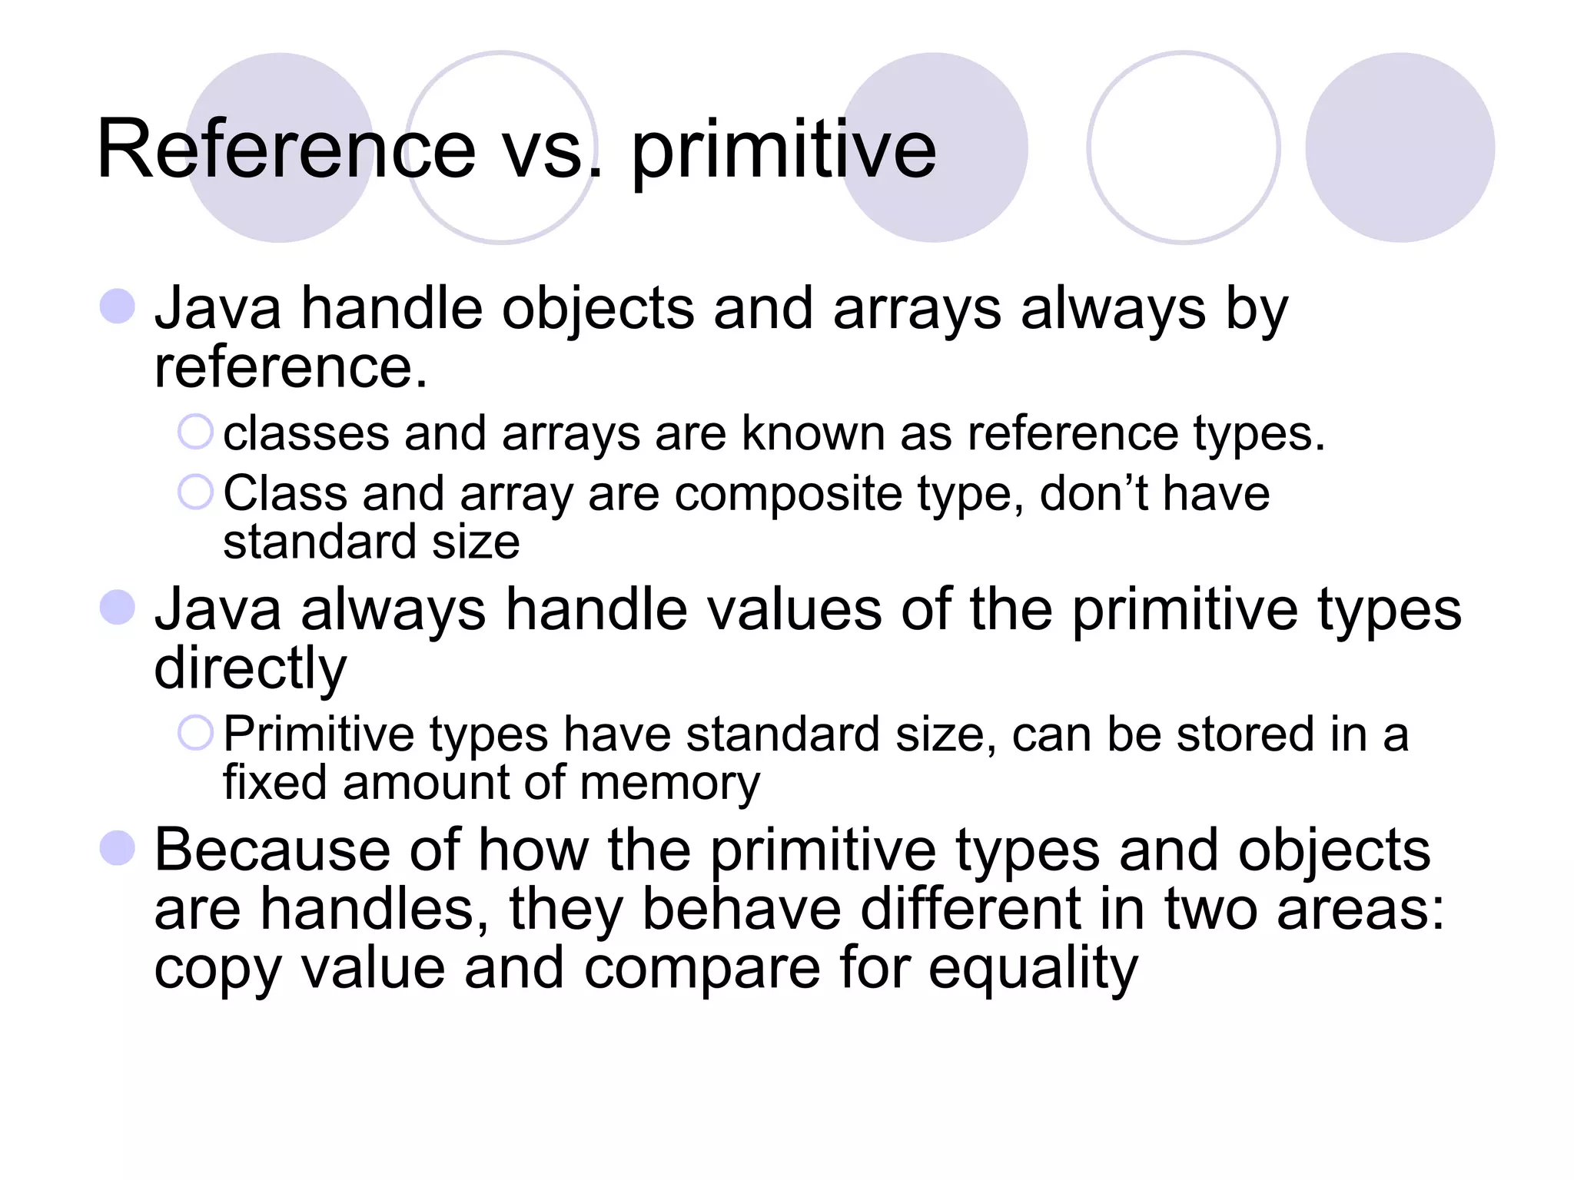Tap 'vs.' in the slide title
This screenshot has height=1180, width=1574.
click(552, 149)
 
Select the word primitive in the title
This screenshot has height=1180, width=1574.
click(784, 149)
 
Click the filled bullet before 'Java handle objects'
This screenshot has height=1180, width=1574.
click(118, 307)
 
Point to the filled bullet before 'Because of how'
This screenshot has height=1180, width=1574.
click(118, 848)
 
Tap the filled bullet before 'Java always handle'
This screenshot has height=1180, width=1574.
click(118, 608)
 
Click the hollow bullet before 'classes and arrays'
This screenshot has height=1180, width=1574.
click(195, 432)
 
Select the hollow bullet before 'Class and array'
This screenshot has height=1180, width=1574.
click(195, 492)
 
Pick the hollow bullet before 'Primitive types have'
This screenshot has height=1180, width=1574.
click(195, 733)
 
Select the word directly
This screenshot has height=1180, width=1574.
click(251, 668)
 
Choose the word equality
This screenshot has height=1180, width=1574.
click(1033, 970)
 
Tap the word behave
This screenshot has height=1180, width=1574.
click(742, 910)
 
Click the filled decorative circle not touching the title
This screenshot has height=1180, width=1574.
click(1400, 147)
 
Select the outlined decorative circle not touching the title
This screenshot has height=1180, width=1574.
click(1184, 147)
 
